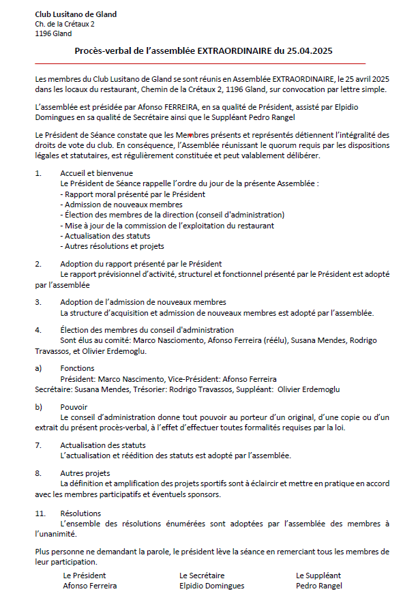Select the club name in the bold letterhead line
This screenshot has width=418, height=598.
pos(76,14)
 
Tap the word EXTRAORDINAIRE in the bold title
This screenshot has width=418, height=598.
pos(234,50)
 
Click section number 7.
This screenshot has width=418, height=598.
pos(38,445)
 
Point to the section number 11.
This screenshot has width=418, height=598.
pos(40,513)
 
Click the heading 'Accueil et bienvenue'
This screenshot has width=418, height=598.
pos(96,174)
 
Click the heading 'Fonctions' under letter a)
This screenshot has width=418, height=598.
pos(77,368)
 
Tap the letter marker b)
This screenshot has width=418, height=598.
pos(39,407)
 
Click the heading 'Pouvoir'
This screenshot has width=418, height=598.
pos(74,407)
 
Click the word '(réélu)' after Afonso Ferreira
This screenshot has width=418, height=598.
pos(269,340)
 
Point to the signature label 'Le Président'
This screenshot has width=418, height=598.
pos(85,575)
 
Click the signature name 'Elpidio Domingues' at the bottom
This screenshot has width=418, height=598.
pos(211,585)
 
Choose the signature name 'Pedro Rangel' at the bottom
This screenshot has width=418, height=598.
pos(318,585)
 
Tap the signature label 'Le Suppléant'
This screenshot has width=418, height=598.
pos(318,575)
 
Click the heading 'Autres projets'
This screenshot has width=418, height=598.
pos(85,473)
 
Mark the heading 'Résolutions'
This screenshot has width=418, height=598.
pos(80,513)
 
